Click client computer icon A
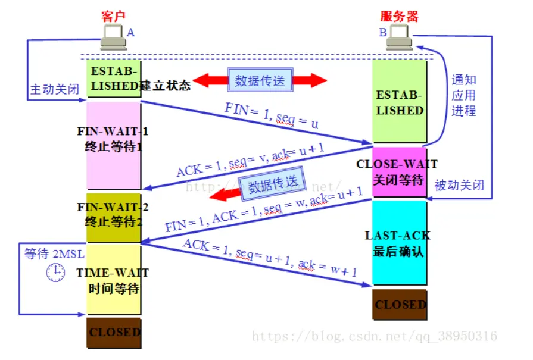113,40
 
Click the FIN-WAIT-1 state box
113,146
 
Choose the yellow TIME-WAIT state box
113,280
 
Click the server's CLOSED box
400,305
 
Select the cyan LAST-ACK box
399,243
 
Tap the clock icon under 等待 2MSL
55,272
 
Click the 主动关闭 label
55,90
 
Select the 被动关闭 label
459,186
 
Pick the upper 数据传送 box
260,80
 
